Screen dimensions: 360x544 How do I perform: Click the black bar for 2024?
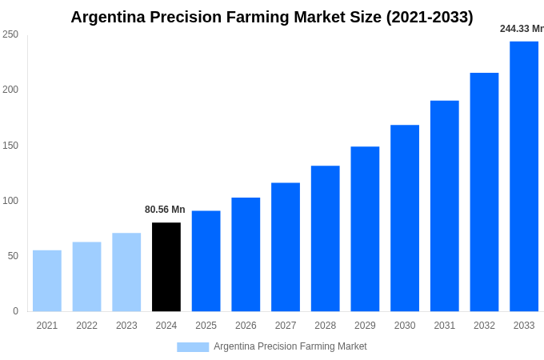(166, 267)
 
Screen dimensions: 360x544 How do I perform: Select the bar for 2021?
(47, 281)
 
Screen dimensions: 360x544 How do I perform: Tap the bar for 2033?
(524, 176)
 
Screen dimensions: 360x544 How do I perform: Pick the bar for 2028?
(326, 238)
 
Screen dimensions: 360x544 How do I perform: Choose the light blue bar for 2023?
(126, 272)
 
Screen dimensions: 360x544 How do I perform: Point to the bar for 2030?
(405, 218)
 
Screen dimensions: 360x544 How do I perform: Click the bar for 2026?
(246, 254)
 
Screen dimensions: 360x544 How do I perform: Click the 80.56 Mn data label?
(165, 210)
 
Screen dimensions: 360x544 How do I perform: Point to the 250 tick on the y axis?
(10, 34)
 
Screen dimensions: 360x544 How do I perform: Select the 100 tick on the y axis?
(10, 201)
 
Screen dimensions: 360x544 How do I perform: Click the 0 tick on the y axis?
(15, 311)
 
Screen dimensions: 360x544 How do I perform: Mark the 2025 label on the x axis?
(206, 326)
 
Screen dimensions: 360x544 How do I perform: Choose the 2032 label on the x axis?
(484, 326)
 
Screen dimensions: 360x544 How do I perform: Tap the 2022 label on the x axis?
(87, 326)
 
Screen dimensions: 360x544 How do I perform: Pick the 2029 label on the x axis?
(365, 326)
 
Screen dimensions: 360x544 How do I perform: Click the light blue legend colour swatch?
(193, 347)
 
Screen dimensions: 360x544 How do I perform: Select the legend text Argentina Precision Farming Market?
(290, 346)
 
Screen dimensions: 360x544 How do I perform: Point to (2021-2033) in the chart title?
(430, 17)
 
